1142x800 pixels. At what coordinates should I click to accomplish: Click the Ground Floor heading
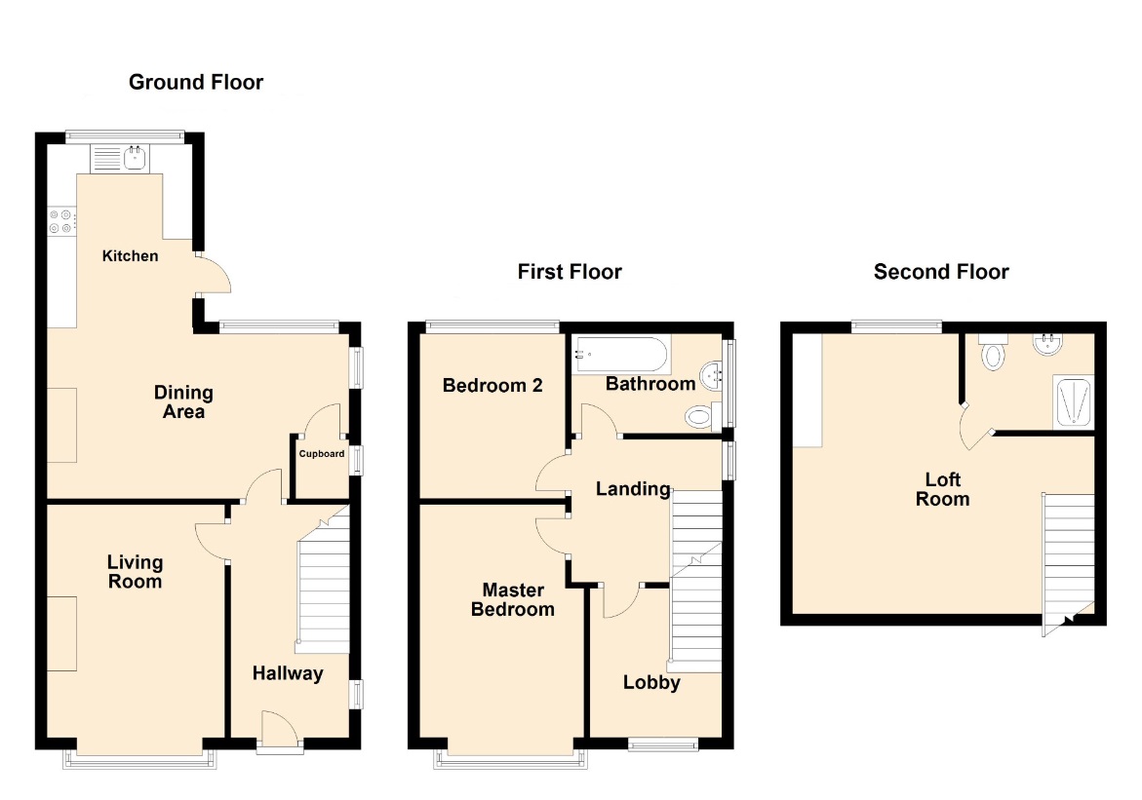(196, 82)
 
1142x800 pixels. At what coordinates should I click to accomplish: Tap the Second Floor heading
(941, 272)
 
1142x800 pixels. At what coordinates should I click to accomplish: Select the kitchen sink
(119, 158)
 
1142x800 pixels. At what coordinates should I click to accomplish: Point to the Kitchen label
(130, 255)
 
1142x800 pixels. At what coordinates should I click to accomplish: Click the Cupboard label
(321, 453)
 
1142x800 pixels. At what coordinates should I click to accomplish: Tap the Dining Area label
(183, 401)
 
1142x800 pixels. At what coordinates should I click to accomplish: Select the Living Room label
(135, 571)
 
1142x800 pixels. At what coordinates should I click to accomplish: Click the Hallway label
(288, 673)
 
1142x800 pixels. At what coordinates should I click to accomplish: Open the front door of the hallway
(280, 730)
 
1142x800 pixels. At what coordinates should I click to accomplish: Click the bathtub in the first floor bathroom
(620, 355)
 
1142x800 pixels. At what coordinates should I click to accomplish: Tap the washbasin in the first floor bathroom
(712, 376)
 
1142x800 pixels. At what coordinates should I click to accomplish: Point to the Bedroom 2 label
(492, 385)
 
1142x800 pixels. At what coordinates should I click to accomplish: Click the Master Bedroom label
(513, 599)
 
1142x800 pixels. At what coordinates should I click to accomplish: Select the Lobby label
(651, 682)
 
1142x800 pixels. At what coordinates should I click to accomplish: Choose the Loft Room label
(942, 489)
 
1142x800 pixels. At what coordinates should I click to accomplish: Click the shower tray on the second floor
(1074, 401)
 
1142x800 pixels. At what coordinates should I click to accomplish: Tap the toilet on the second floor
(994, 353)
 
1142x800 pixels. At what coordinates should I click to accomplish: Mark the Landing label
(633, 489)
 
